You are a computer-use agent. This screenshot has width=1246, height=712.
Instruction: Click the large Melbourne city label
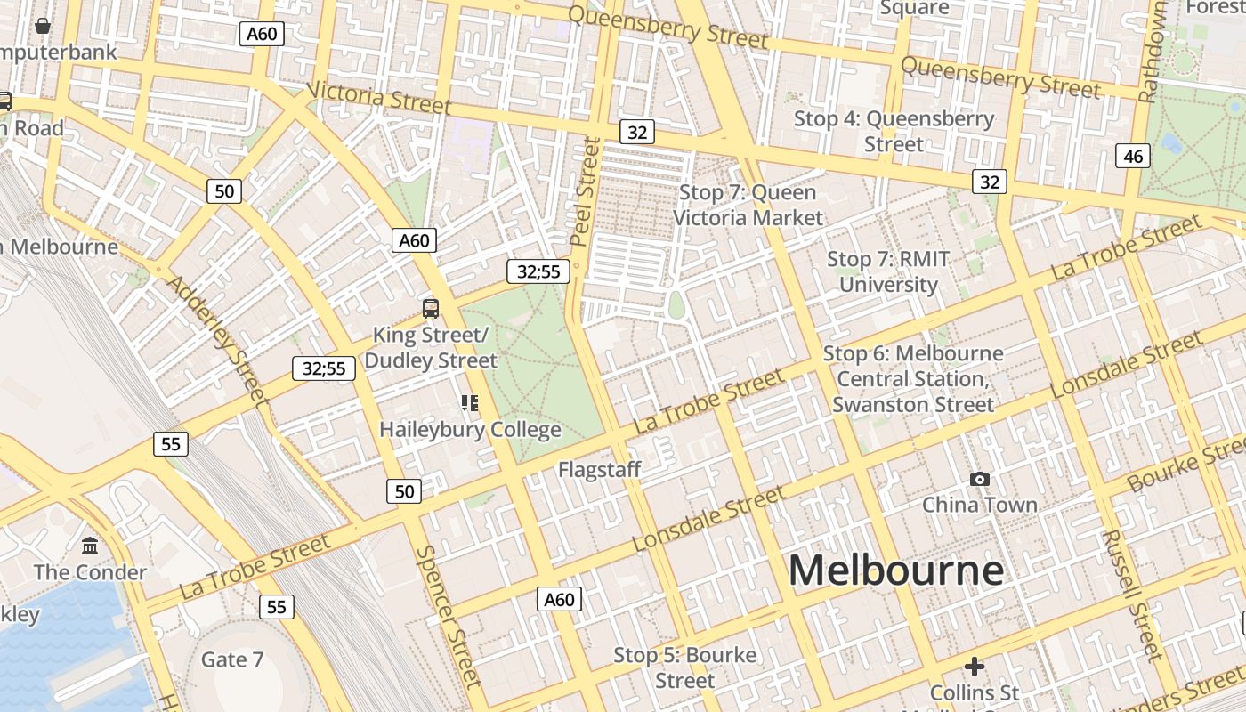pyautogui.click(x=895, y=570)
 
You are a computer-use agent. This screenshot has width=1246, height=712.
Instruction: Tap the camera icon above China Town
pyautogui.click(x=979, y=480)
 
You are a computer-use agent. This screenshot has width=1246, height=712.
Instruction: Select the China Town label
pyautogui.click(x=979, y=505)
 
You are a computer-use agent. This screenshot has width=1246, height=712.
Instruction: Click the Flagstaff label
pyautogui.click(x=599, y=469)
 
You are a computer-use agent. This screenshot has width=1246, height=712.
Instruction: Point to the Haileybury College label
pyautogui.click(x=470, y=430)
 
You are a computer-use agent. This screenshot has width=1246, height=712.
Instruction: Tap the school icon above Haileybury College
pyautogui.click(x=470, y=403)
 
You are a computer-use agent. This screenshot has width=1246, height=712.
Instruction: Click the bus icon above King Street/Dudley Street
pyautogui.click(x=431, y=309)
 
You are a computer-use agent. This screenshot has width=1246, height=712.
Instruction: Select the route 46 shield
pyautogui.click(x=1133, y=157)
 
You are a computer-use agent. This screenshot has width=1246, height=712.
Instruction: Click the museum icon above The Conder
pyautogui.click(x=90, y=546)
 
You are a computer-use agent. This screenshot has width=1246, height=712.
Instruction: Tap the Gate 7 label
pyautogui.click(x=232, y=659)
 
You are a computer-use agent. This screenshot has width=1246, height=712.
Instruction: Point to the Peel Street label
pyautogui.click(x=584, y=190)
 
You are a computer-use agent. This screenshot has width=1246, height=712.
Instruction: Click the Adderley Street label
pyautogui.click(x=217, y=339)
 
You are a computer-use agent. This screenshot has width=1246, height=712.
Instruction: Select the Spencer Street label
pyautogui.click(x=448, y=616)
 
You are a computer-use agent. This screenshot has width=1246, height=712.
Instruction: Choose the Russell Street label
pyautogui.click(x=1131, y=595)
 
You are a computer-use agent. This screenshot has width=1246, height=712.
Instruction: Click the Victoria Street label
pyautogui.click(x=379, y=97)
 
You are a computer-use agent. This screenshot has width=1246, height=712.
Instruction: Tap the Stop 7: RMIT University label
pyautogui.click(x=888, y=271)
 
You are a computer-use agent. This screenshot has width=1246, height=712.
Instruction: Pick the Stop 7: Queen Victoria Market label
pyautogui.click(x=748, y=205)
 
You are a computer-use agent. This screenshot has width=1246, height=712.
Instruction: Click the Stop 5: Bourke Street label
pyautogui.click(x=684, y=667)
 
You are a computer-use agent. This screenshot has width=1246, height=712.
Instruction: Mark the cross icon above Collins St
pyautogui.click(x=975, y=666)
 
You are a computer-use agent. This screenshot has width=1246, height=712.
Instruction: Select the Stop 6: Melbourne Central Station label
pyautogui.click(x=913, y=378)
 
